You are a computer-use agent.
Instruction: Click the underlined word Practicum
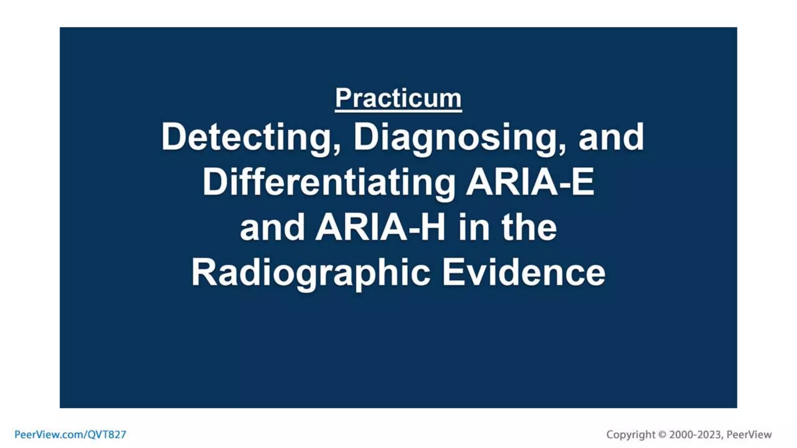tap(398, 98)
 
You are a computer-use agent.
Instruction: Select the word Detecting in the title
tap(248, 137)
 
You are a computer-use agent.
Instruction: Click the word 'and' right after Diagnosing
tap(611, 137)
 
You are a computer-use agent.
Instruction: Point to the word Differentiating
tap(328, 182)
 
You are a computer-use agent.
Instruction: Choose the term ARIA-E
tap(530, 182)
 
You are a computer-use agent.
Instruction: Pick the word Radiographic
tap(311, 273)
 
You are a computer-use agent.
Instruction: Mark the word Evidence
tap(523, 273)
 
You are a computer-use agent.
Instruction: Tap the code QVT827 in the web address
tap(107, 434)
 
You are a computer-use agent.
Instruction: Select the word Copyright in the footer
tap(630, 434)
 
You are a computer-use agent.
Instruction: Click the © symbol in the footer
tap(662, 435)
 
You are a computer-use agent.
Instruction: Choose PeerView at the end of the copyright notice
tap(749, 434)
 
